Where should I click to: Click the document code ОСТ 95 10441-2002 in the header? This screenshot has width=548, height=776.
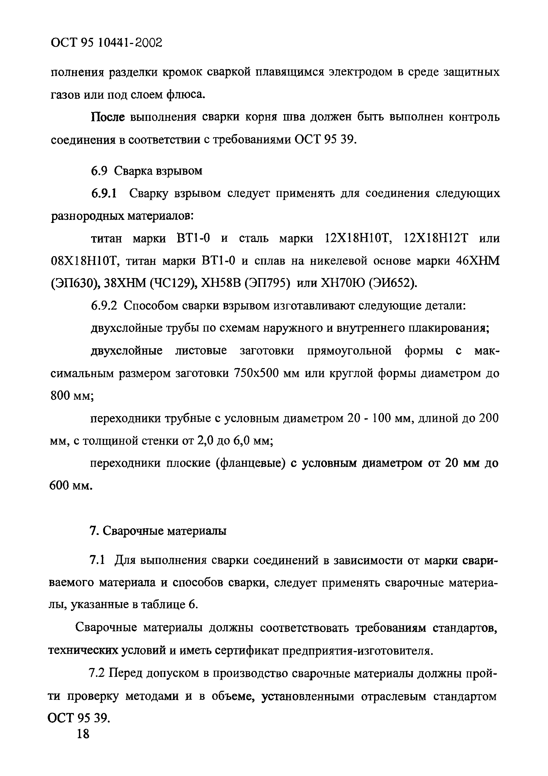click(106, 43)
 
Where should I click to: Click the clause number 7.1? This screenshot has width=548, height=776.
click(98, 560)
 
